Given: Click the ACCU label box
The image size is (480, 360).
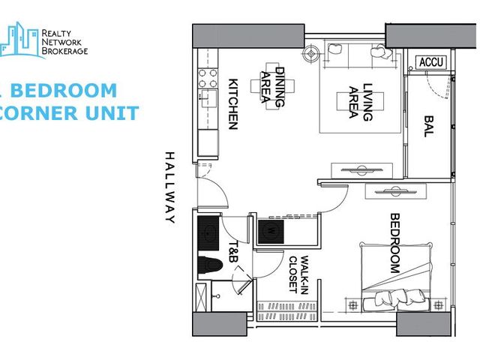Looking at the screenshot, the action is [431, 62].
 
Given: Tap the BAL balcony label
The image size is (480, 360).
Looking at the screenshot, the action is [429, 126].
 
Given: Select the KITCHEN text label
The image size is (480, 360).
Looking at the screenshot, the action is [233, 104].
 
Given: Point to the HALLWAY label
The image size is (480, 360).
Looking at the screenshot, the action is [170, 187].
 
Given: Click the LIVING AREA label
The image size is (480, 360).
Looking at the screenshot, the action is [361, 102].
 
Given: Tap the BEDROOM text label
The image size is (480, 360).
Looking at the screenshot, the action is [395, 243].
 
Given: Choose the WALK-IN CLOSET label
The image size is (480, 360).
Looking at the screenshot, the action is [298, 274].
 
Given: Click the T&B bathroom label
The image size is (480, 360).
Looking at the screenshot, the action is [233, 251].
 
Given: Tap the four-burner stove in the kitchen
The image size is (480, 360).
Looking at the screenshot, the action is [208, 78].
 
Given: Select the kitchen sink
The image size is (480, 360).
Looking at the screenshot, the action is [208, 98].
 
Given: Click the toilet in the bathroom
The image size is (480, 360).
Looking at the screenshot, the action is [209, 265].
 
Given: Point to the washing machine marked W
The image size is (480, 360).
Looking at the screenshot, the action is [271, 232].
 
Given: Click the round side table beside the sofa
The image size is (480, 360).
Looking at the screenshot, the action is [311, 54].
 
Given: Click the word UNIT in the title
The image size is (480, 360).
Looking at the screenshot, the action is [112, 112].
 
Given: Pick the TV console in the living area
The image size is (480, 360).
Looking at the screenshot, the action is [361, 170].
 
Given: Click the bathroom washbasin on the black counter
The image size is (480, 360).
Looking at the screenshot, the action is [208, 233].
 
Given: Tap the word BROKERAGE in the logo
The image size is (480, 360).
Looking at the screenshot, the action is [64, 51].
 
